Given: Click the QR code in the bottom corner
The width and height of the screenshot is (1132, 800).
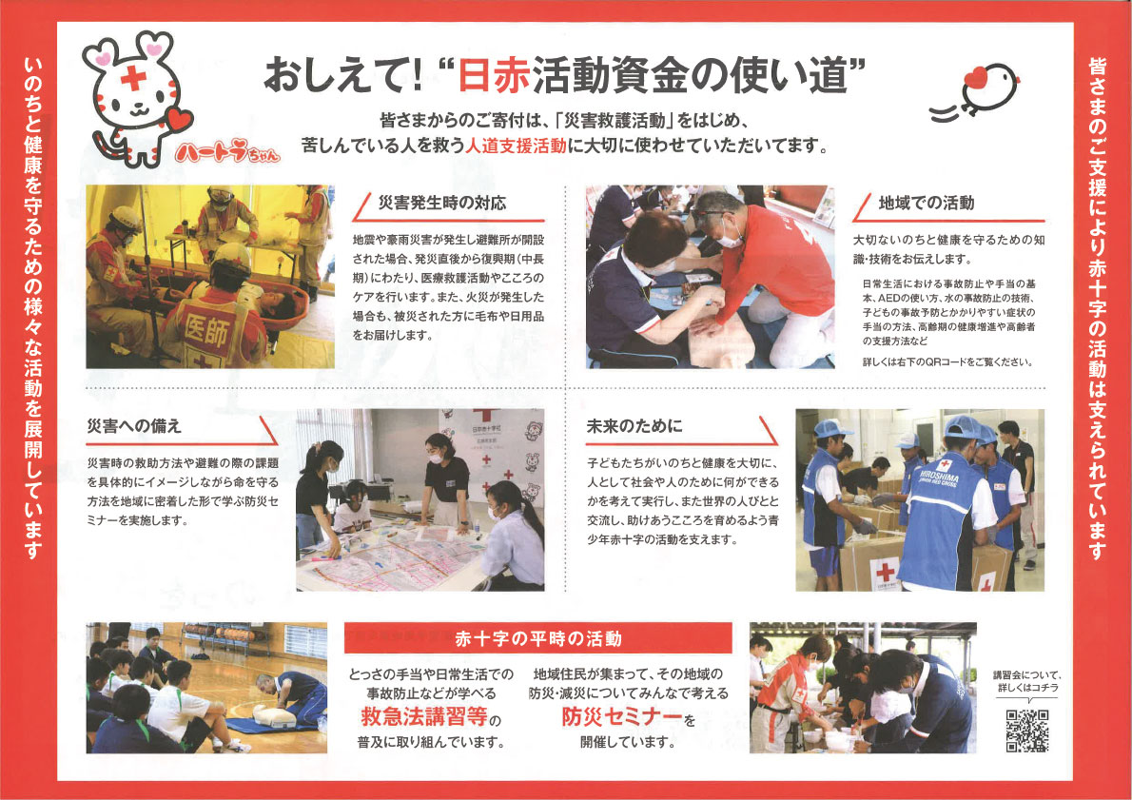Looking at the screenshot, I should tap(1026, 730).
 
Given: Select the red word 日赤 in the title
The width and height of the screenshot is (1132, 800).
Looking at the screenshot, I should tap(492, 74).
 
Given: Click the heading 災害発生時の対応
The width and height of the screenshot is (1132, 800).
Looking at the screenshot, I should tap(441, 203).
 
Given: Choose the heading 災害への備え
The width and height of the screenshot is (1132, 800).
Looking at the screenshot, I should tap(134, 425).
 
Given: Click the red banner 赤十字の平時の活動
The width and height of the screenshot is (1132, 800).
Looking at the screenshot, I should tap(537, 637).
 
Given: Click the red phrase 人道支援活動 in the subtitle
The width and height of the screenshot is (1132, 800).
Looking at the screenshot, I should tap(515, 146).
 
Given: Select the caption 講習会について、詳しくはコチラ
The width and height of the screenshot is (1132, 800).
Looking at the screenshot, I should tap(1026, 680).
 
